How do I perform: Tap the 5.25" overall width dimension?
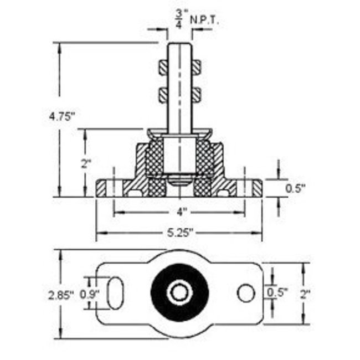point(179,233)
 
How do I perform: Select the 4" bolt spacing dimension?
point(179,212)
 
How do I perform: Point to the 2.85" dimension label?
point(61,295)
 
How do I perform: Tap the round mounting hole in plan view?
point(246,293)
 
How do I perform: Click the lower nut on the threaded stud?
point(179,94)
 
